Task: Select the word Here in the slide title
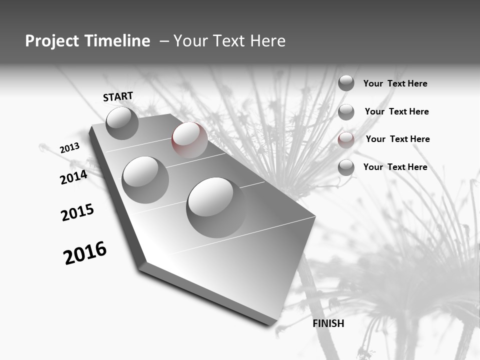tap(267, 41)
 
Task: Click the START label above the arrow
tap(118, 96)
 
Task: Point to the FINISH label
tap(328, 323)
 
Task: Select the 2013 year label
tap(69, 148)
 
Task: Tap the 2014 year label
tap(73, 177)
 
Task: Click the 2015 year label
tap(77, 212)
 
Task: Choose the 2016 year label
tap(85, 253)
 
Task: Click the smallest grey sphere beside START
tap(122, 123)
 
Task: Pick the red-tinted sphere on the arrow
tap(189, 140)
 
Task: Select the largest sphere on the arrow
tap(216, 207)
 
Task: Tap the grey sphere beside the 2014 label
tap(145, 179)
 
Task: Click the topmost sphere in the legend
tap(346, 83)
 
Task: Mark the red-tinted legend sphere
tap(346, 140)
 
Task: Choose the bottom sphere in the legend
tap(346, 167)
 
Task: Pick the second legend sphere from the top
tap(346, 112)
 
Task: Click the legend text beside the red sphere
tap(397, 139)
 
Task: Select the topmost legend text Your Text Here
tap(395, 83)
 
